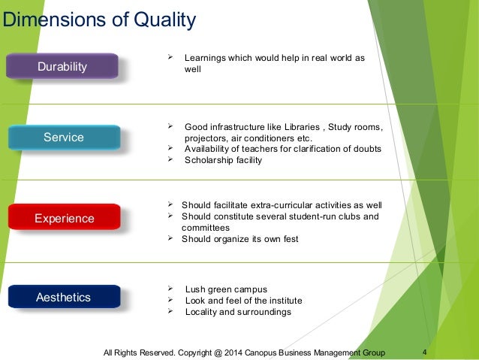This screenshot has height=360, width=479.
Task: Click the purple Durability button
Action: (x=62, y=67)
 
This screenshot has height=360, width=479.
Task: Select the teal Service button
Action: (x=64, y=138)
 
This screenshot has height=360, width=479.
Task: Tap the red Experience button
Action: (x=65, y=219)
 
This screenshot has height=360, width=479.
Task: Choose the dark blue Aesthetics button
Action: (x=64, y=298)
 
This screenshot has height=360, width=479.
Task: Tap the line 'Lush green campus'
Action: (x=225, y=289)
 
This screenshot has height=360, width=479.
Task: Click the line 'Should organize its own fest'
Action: (x=239, y=239)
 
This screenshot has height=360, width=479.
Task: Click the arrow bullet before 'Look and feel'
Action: (x=169, y=301)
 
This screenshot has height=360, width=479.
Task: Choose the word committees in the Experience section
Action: (x=206, y=228)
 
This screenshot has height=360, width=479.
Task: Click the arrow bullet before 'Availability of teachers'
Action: (x=169, y=149)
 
